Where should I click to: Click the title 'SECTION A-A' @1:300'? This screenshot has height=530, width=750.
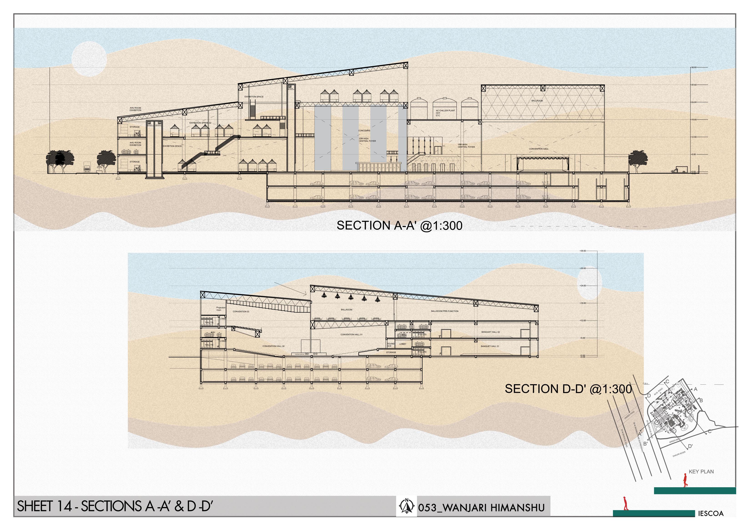coord(399,225)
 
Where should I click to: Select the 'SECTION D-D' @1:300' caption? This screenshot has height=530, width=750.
coord(568,389)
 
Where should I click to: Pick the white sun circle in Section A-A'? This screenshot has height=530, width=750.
coord(89,59)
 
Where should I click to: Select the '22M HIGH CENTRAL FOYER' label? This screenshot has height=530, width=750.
coord(367,140)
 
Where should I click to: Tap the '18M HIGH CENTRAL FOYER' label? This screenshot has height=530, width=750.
coord(466,146)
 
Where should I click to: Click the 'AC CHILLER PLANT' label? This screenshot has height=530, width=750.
coord(445,111)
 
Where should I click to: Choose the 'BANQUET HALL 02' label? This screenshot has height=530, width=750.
coord(490,332)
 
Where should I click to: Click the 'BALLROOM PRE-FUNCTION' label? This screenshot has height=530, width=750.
coord(445,311)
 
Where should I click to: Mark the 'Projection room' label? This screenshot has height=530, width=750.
coord(221,308)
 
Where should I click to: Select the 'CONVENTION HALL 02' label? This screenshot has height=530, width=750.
coord(273,346)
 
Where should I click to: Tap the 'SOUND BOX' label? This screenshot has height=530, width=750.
coord(390,345)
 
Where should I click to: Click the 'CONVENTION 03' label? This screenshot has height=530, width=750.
coord(241,311)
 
